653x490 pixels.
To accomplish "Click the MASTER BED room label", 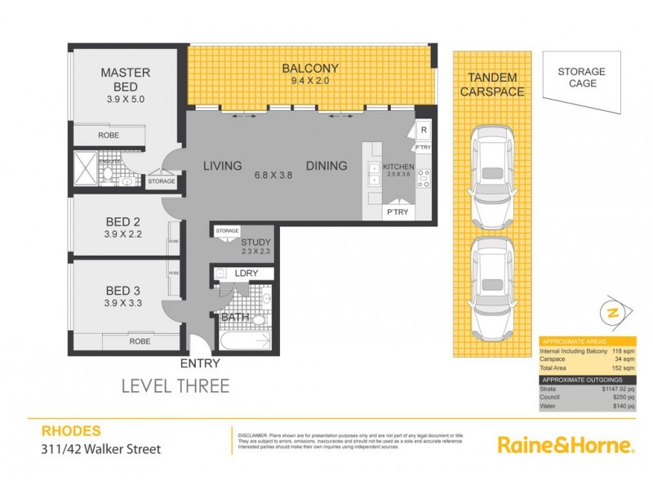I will (x=125, y=79).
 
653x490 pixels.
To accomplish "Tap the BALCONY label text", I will (x=309, y=68).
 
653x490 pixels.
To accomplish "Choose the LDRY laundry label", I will (x=246, y=274).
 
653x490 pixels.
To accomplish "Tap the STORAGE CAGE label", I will (x=581, y=78).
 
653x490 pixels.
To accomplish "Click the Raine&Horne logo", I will (x=566, y=445).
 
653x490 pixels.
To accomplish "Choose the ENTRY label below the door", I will (x=200, y=365).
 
